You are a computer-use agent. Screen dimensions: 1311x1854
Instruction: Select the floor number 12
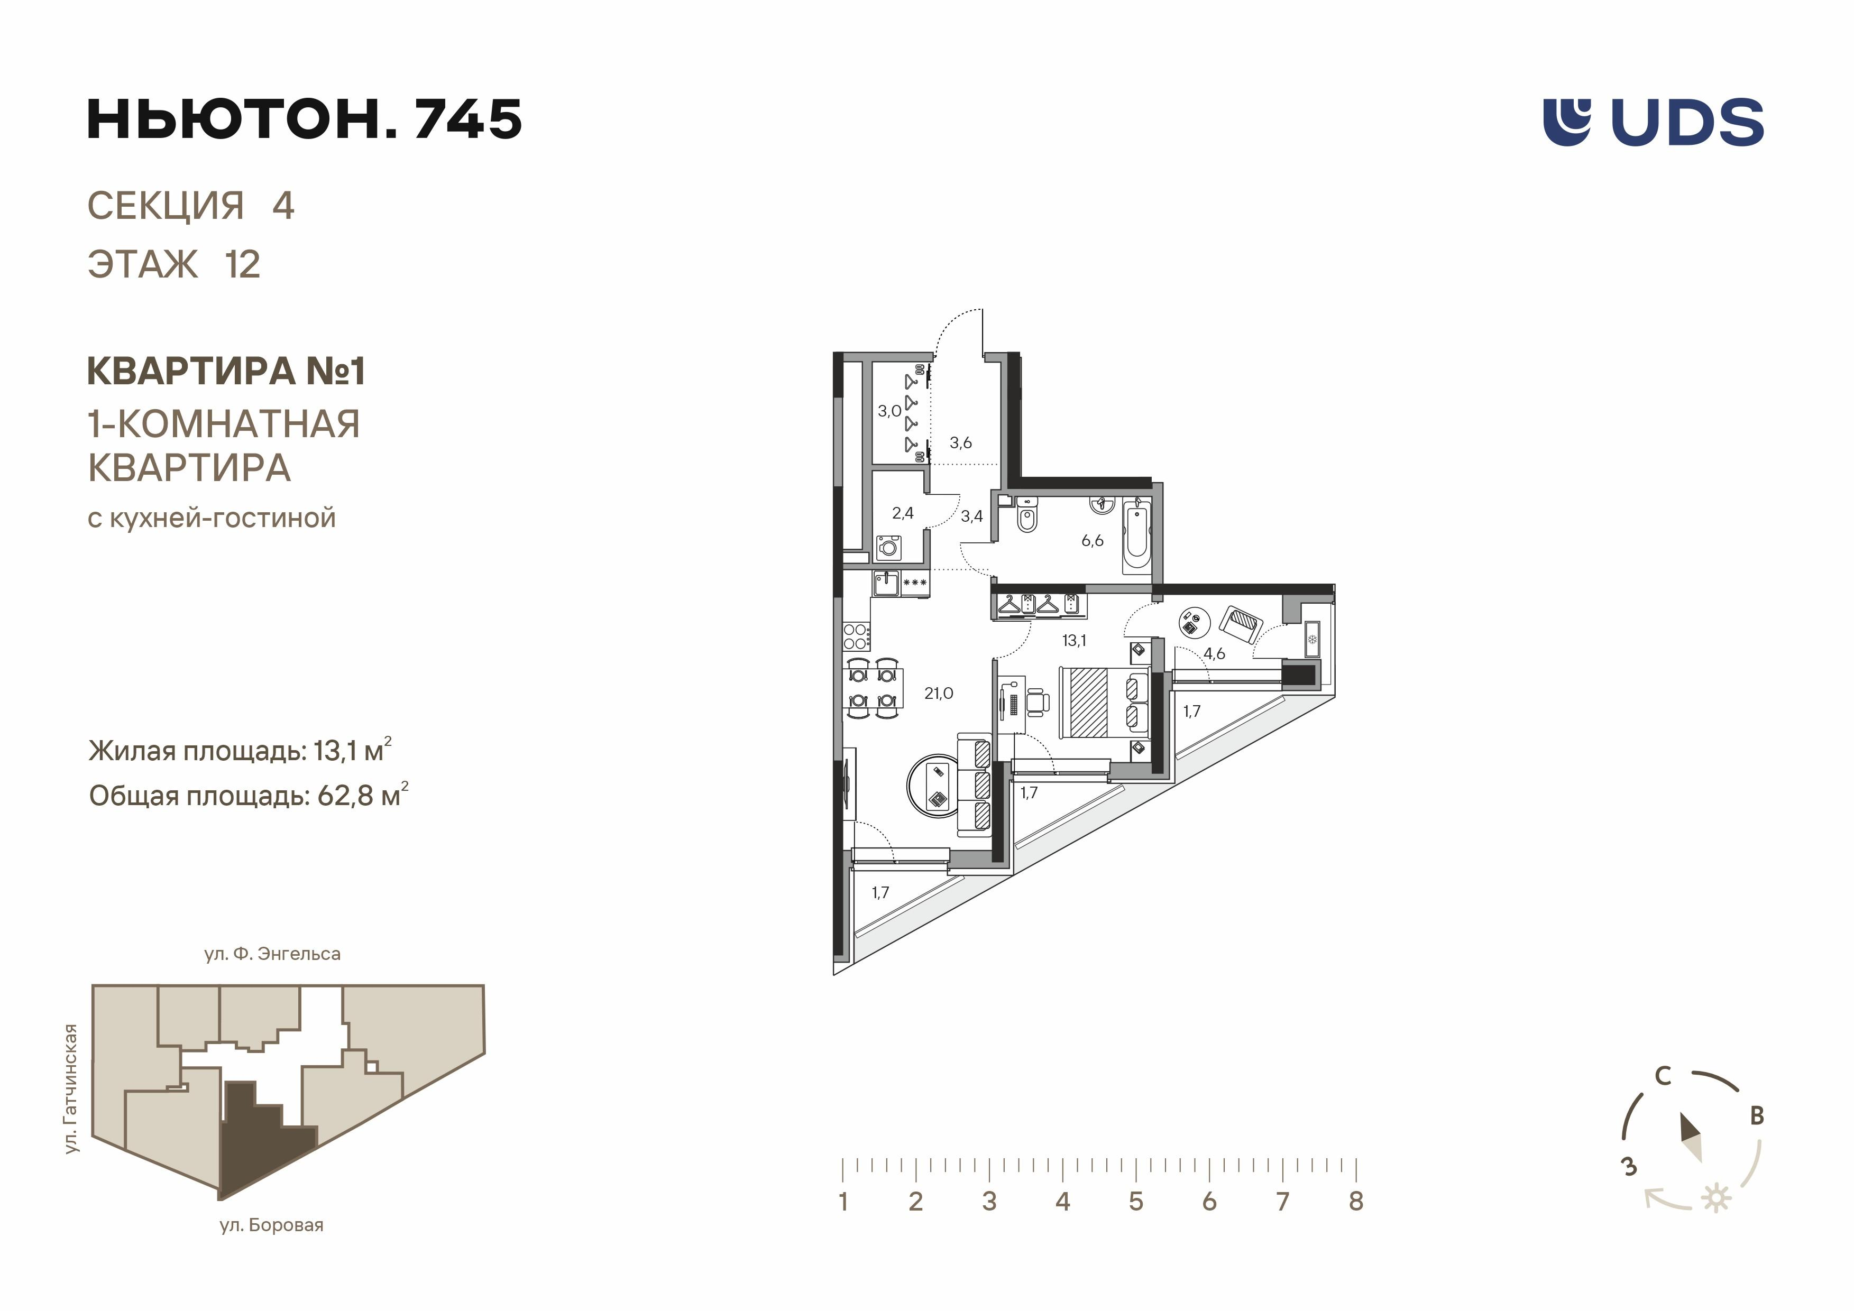click(x=242, y=265)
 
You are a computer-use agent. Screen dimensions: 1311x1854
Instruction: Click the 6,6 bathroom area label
click(x=1092, y=541)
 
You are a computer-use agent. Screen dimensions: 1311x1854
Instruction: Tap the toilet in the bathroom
click(x=1027, y=516)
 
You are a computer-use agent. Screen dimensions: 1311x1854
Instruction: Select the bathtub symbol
click(x=1136, y=533)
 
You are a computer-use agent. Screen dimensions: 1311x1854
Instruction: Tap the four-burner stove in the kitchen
click(x=857, y=636)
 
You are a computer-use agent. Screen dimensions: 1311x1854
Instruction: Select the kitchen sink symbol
click(x=886, y=583)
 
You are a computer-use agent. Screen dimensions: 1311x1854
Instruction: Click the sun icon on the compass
click(x=1716, y=1198)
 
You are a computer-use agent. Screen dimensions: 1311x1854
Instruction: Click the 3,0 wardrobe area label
click(x=889, y=411)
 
